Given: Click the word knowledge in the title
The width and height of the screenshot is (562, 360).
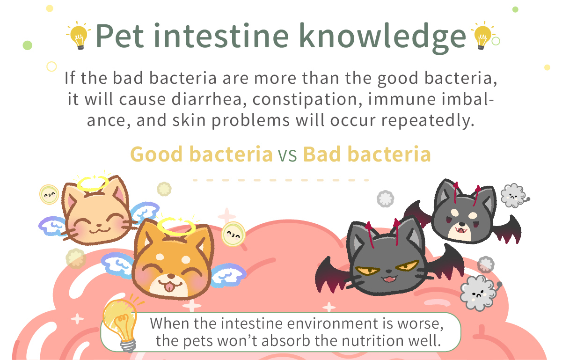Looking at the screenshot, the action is point(382,36).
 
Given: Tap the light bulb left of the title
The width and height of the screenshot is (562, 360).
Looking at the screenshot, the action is point(79,36).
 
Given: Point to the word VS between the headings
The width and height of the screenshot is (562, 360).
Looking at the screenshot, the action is point(287,154).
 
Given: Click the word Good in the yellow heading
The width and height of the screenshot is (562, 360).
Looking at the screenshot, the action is point(156,154).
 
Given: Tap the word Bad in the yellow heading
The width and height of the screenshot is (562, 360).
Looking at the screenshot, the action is point(322,154).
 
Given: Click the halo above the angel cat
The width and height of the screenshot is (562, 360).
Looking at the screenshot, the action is point(93,184).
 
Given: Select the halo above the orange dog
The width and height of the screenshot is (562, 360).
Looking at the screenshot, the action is point(176,227).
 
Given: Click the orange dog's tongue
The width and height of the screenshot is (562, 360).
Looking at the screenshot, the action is point(170,286).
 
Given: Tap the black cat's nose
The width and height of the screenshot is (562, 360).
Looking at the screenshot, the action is point(389,271).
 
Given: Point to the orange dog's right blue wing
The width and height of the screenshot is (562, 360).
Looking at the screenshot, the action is point(228,275).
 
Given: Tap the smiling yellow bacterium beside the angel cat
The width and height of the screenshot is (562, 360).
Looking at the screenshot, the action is point(49,194).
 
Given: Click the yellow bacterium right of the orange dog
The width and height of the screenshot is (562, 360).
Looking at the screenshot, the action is point(234,235).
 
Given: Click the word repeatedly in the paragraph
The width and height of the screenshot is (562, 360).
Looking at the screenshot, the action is point(428,121).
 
